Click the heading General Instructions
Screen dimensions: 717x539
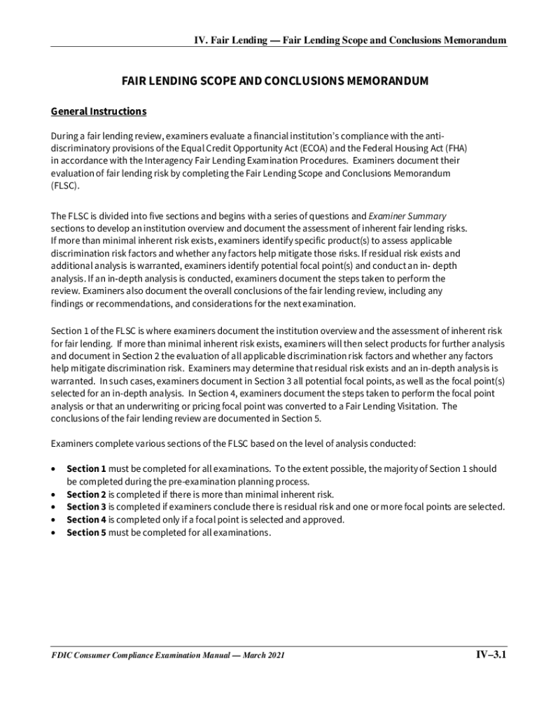point(99,112)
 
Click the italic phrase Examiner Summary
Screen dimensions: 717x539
point(407,216)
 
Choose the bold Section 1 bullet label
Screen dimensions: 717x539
point(86,468)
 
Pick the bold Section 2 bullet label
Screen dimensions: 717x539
point(86,494)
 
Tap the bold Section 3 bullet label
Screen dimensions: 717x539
point(86,507)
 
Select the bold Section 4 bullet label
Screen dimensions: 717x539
point(86,520)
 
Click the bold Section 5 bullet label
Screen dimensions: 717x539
point(86,533)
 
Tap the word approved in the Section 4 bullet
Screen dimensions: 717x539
point(323,520)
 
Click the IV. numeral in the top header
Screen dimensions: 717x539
point(202,40)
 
